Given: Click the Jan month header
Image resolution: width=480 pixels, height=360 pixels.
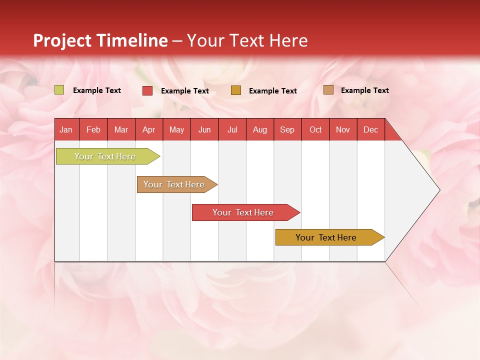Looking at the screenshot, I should pyautogui.click(x=66, y=129).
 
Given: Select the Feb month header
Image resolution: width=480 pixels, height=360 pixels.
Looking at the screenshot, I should pyautogui.click(x=93, y=129).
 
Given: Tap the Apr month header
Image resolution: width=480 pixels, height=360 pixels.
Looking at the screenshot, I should pyautogui.click(x=148, y=129).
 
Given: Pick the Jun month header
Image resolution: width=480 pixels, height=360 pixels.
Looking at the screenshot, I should pyautogui.click(x=204, y=129).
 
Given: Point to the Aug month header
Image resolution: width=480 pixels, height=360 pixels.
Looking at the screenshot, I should pyautogui.click(x=260, y=129).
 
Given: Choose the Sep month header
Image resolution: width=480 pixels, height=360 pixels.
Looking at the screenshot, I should pyautogui.click(x=287, y=129).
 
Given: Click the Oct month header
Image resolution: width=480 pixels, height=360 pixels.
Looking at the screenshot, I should pyautogui.click(x=315, y=129).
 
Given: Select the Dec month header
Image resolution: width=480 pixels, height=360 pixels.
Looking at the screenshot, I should pyautogui.click(x=370, y=129).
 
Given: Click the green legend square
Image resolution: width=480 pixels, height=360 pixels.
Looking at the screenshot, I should pyautogui.click(x=59, y=90).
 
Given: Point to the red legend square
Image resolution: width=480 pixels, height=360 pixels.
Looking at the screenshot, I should pyautogui.click(x=147, y=90).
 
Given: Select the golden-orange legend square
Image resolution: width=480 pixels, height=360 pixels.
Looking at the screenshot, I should pyautogui.click(x=236, y=90).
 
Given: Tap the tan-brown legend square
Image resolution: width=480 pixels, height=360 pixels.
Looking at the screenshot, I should pyautogui.click(x=328, y=90).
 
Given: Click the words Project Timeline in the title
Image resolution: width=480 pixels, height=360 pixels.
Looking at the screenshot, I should pyautogui.click(x=100, y=40).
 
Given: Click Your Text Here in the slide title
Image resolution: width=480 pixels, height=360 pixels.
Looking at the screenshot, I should pyautogui.click(x=247, y=40).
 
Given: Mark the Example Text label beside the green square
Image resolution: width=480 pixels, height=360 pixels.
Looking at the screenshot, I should pyautogui.click(x=97, y=90).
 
